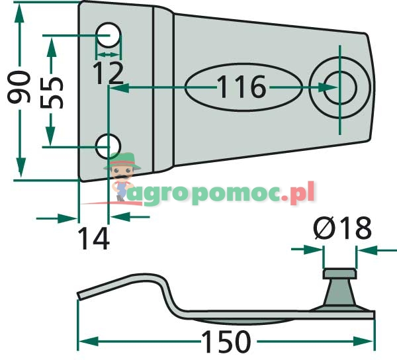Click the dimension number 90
coord(20,87)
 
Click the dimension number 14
coord(93,238)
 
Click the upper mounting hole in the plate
coord(109,33)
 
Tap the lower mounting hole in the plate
coord(109,145)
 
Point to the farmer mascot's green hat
coord(123,159)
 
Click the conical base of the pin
coord(339,294)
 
